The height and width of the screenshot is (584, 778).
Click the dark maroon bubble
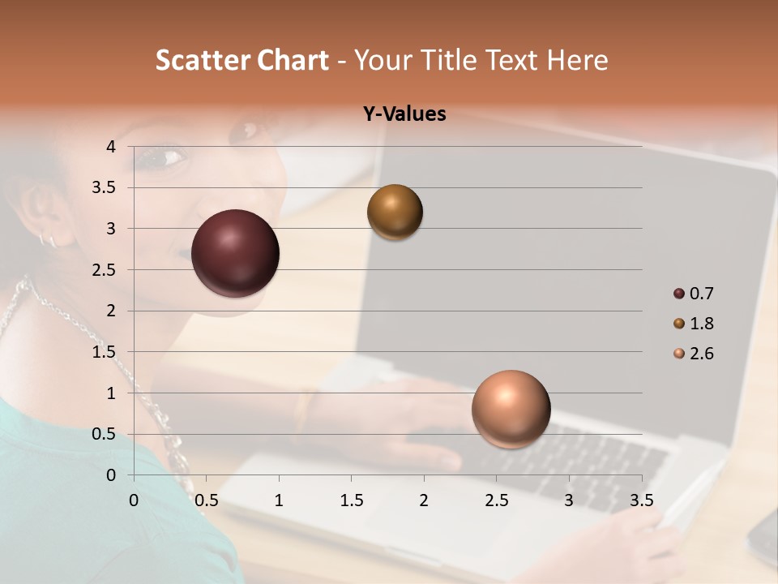coord(235,253)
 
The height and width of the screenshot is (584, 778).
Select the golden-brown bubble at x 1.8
coord(395,212)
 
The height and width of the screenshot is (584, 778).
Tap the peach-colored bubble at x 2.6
coord(511,409)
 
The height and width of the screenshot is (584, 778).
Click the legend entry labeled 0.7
coord(694,294)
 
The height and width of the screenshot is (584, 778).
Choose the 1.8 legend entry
coord(694,324)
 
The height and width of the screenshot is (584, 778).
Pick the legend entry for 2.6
coord(694,354)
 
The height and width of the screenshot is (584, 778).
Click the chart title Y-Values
coord(404,114)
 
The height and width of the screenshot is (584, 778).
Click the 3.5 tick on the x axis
coord(641,500)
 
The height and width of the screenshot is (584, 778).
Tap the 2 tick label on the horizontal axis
coord(424,500)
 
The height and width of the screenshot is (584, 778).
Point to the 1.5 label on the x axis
coord(351,500)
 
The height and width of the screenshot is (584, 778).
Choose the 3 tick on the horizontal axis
coord(569,500)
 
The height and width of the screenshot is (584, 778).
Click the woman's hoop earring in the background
coord(47,239)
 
